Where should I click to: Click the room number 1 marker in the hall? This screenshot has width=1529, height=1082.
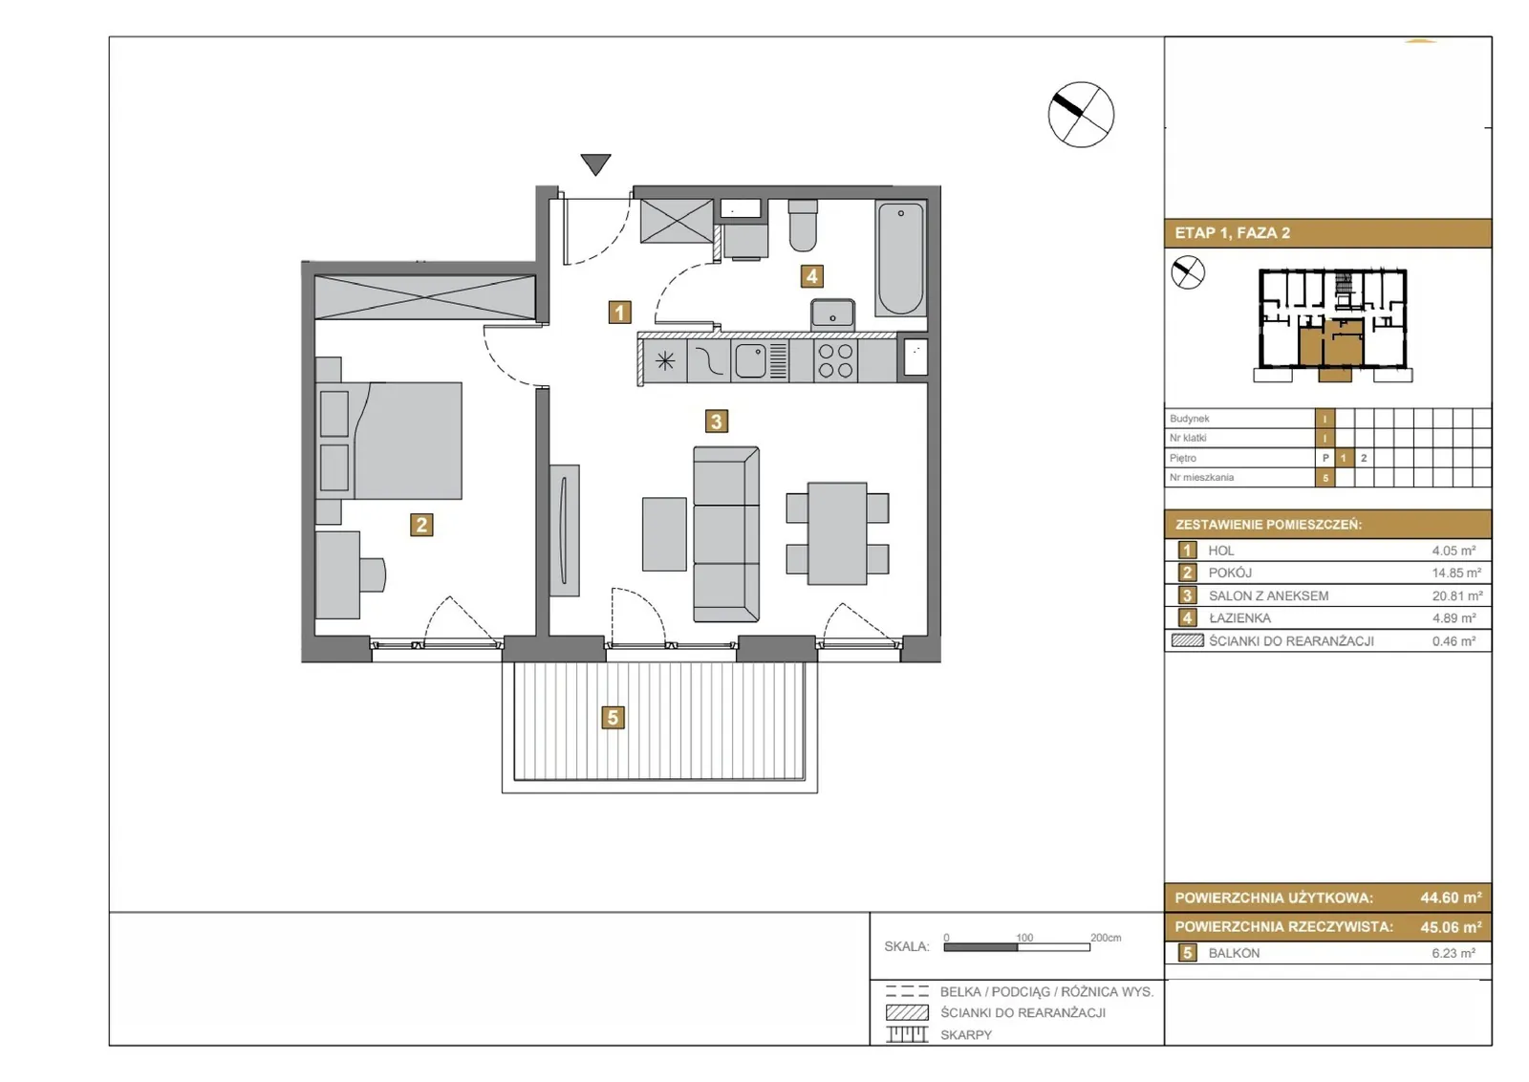[619, 313]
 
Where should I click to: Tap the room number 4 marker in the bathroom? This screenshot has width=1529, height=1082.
[811, 276]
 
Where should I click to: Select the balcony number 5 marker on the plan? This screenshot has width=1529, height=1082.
[613, 718]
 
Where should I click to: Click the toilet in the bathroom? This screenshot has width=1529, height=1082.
[803, 226]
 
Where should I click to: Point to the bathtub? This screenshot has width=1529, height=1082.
[900, 258]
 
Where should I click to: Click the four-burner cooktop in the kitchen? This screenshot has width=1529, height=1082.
[835, 360]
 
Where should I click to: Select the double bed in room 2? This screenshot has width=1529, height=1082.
[389, 441]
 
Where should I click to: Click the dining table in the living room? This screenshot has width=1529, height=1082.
[837, 534]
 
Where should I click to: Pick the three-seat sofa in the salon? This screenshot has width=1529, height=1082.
[726, 534]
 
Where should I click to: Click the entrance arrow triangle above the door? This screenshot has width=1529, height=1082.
[595, 163]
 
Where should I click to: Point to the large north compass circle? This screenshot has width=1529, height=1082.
[1081, 115]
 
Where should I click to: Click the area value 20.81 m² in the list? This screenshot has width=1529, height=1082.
[1457, 595]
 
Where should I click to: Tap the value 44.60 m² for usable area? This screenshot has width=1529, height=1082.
[1452, 898]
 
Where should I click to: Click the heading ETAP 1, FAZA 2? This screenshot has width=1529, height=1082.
[1232, 233]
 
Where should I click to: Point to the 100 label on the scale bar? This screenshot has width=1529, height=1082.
[1023, 938]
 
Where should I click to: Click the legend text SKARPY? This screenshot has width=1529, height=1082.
[966, 1035]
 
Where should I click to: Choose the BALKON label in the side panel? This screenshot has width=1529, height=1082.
[1234, 953]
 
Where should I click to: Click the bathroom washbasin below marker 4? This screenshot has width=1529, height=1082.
[832, 314]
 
